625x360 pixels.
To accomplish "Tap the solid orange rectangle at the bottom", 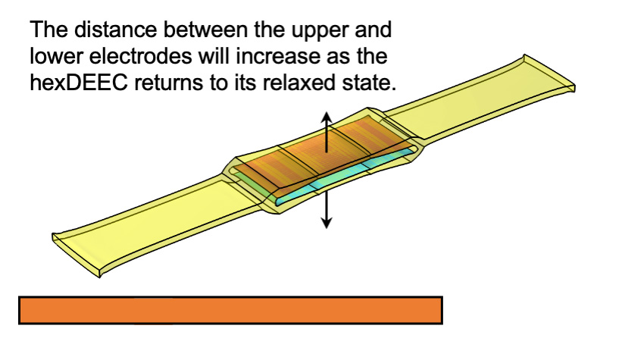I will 230,311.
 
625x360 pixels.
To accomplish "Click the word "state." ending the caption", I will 375,82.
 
